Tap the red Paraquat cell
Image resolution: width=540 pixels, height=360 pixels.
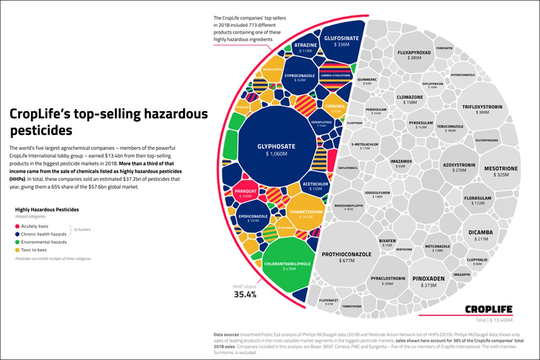[x=245, y=193]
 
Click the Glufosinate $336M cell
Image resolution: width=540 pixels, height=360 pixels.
[x=342, y=41]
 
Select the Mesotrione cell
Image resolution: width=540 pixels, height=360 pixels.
[x=500, y=171]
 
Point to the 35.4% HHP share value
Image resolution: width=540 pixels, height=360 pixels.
[x=245, y=295]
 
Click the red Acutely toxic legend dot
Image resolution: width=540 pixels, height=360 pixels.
[x=18, y=226]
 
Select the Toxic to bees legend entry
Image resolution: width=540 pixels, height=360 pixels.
[x=34, y=250]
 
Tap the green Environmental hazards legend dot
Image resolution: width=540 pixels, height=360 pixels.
[x=18, y=242]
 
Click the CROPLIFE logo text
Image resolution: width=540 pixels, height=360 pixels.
[x=488, y=309]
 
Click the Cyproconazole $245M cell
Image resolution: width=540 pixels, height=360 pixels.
[x=299, y=77]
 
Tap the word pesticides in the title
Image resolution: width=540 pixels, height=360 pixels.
[x=41, y=130]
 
